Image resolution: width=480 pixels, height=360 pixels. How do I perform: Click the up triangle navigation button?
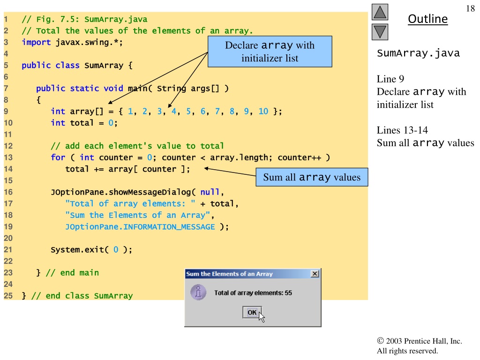point(380,12)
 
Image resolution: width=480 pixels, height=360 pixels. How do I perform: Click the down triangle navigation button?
point(380,32)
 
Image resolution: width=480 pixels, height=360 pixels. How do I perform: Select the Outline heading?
point(427,19)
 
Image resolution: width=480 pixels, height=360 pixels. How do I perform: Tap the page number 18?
point(470,8)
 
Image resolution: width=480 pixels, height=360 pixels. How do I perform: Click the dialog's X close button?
point(315,274)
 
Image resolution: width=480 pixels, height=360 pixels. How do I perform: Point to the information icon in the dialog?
point(198,292)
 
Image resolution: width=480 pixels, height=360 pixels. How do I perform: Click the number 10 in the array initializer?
point(263,111)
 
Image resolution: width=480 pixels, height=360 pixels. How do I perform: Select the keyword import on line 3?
point(36,42)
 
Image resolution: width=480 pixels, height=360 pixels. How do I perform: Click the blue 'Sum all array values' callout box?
point(312,177)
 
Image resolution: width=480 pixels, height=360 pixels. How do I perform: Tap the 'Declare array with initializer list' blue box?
point(270,52)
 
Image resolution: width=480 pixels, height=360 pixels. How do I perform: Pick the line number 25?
point(8,296)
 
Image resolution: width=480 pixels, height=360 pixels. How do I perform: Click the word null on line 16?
point(210,192)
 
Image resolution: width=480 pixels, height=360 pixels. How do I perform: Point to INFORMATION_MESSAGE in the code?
point(169,227)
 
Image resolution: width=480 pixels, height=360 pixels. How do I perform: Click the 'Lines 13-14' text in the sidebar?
point(402,130)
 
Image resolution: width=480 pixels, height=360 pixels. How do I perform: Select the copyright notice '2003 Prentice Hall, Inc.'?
point(424,341)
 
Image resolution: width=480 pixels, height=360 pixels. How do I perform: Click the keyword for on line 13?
point(58,157)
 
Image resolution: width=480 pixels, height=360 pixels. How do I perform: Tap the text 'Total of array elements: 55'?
point(253,293)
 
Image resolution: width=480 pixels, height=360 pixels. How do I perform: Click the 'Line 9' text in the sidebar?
point(390,79)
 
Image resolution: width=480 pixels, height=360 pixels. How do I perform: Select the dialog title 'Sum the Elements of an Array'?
point(229,274)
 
